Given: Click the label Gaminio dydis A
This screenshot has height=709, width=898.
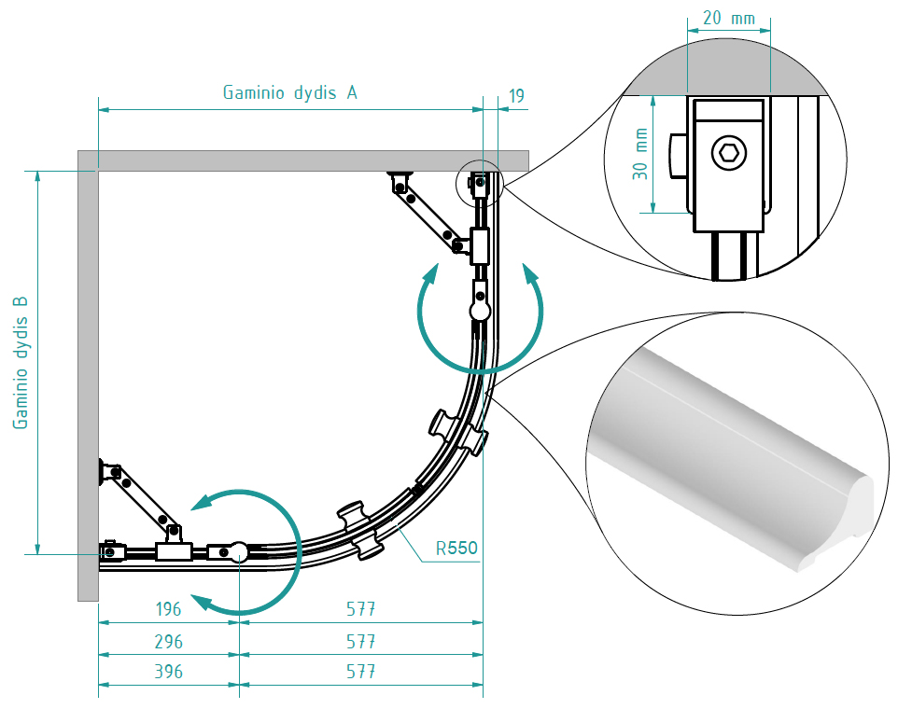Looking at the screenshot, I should [x=289, y=92].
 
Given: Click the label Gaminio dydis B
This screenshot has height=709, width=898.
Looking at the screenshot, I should [x=21, y=363].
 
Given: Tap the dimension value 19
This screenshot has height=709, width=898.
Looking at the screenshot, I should [x=516, y=95].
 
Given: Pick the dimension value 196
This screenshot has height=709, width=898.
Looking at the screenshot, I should [x=168, y=609].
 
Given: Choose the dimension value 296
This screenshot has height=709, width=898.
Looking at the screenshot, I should [x=168, y=642].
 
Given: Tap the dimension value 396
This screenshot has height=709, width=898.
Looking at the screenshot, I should [x=168, y=672].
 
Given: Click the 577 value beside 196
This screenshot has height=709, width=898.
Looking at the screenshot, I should [x=360, y=609].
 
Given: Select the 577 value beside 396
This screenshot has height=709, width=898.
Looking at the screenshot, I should [x=360, y=672].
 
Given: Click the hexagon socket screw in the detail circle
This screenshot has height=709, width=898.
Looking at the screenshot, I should [x=728, y=152].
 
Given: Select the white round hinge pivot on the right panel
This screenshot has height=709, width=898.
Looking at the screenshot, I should [x=480, y=309].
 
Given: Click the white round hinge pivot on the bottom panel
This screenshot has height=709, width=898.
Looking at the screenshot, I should [x=238, y=551].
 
